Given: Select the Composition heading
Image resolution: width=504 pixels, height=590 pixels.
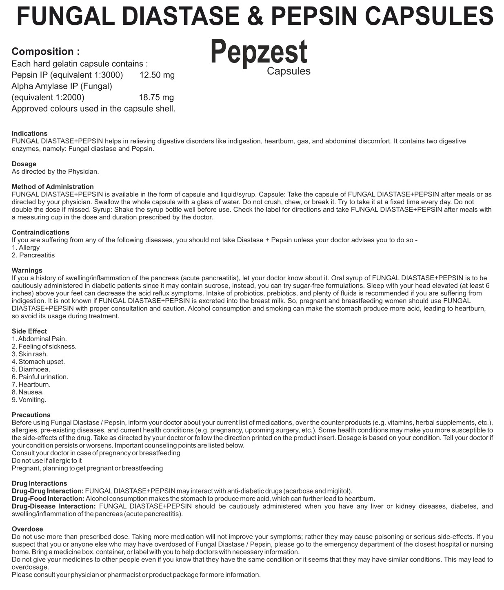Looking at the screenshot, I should tap(45, 51).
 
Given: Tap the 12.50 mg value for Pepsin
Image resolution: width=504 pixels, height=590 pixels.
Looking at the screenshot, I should tap(157, 75).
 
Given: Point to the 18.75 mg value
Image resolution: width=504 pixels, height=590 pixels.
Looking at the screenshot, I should tap(156, 97).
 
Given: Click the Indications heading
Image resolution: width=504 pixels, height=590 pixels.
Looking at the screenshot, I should tap(29, 133).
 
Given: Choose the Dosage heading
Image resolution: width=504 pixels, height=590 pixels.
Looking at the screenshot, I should tap(24, 164).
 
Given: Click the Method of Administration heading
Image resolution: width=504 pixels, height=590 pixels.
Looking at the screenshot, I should tap(53, 187).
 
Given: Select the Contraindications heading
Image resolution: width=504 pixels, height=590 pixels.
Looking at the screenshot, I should tap(40, 232).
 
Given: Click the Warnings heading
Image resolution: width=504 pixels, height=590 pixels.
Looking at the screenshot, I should tap(27, 270).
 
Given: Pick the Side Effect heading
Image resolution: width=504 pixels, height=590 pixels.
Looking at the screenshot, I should tap(29, 331).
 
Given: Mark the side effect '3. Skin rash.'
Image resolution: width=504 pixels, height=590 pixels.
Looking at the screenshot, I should tap(30, 354).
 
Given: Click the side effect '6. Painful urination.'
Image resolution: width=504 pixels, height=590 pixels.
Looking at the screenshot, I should tap(40, 377).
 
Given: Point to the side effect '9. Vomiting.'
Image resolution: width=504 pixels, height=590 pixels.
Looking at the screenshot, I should tap(29, 400).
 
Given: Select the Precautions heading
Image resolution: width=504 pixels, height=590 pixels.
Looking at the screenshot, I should tap(31, 415).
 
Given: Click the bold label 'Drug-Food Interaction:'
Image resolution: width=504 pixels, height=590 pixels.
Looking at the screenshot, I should tap(48, 498).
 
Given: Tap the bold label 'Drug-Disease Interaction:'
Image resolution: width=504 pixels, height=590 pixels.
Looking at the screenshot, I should tap(53, 506).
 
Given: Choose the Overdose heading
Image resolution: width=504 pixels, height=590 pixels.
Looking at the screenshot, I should tap(27, 529).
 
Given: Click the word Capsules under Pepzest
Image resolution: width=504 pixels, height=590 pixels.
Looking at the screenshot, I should tap(289, 71).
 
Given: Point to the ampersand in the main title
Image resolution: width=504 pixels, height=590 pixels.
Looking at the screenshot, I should tap(253, 16).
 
